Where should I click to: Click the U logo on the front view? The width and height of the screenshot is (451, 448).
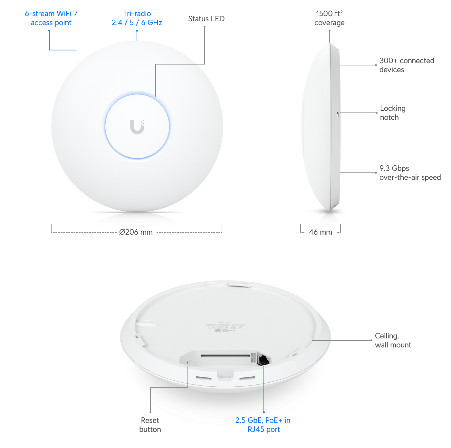click(x=137, y=127)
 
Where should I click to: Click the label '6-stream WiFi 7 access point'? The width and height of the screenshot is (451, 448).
click(x=51, y=18)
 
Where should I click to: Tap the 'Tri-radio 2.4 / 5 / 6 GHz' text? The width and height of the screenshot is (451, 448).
click(x=137, y=18)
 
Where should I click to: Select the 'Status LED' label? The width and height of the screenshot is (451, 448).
click(x=206, y=19)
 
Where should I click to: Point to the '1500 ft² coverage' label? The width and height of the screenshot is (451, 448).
click(x=329, y=18)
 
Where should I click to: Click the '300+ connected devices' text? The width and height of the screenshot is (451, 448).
click(x=406, y=65)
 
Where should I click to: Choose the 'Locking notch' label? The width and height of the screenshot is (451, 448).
click(x=392, y=113)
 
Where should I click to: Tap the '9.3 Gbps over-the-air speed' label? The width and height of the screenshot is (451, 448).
click(x=409, y=173)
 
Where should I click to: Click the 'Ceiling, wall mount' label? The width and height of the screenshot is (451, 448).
click(x=393, y=340)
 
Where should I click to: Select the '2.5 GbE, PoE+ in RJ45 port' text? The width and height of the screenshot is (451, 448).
click(x=263, y=424)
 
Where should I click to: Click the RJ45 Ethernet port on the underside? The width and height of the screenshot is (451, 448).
click(x=264, y=359)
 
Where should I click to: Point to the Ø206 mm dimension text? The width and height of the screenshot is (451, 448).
click(x=136, y=231)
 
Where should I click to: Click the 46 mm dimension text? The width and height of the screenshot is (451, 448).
click(x=321, y=232)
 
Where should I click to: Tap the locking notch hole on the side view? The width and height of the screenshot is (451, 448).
click(x=338, y=114)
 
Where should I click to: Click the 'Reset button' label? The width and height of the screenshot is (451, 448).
click(x=149, y=424)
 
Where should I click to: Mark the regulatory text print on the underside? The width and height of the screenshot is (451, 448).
click(x=225, y=327)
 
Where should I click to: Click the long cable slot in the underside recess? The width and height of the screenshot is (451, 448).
click(x=225, y=356)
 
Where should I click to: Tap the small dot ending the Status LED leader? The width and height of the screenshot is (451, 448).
click(x=205, y=27)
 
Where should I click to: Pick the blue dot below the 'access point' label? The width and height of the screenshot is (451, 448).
click(x=49, y=31)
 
